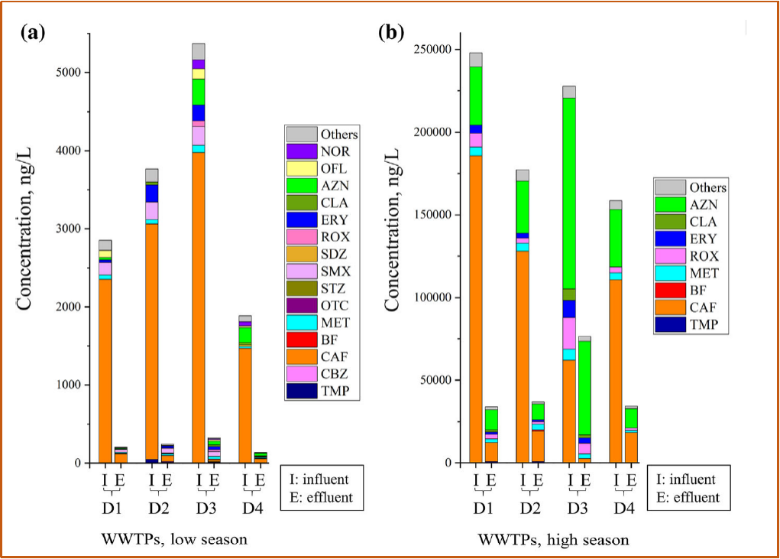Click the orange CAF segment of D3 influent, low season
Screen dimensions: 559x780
click(199, 306)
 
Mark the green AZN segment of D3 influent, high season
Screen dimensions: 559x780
click(568, 191)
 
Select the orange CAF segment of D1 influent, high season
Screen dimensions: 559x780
click(476, 306)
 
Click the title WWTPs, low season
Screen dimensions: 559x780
click(174, 539)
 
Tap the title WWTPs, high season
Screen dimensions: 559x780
click(554, 540)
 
